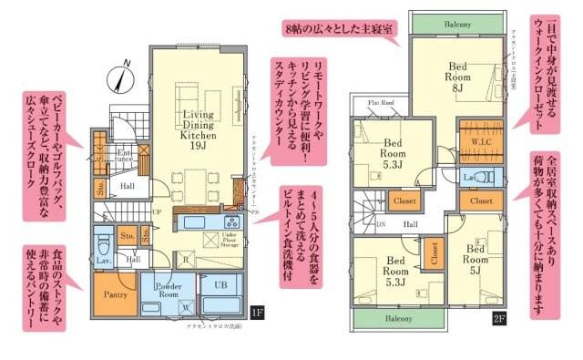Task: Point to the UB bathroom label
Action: (x=220, y=285)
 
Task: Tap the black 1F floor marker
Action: (x=258, y=314)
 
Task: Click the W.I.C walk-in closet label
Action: (x=481, y=141)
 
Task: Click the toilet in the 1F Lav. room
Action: (x=103, y=244)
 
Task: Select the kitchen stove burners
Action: (x=230, y=221)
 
